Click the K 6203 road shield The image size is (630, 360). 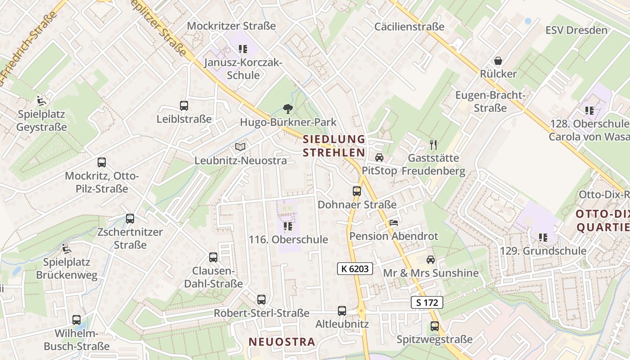point(355,269)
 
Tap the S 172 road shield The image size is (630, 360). point(427,302)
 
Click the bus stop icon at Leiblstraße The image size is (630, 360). point(184,106)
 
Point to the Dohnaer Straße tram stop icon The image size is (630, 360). point(357,191)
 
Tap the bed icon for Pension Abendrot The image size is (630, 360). point(394,223)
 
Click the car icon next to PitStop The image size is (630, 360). point(379,157)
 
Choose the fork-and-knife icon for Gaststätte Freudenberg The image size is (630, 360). point(433,144)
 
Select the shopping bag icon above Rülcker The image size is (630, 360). point(498,60)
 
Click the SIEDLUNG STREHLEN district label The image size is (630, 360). point(334,145)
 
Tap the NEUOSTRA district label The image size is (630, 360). point(282,342)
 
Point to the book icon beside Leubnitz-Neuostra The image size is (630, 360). point(241,147)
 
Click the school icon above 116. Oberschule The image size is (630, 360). point(288,226)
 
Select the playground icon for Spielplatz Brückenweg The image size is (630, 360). point(67,248)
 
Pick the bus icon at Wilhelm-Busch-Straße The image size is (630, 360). point(76,320)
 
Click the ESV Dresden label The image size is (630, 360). point(576,30)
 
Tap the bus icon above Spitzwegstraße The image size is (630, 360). point(435,326)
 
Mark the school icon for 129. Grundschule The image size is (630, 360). point(543,237)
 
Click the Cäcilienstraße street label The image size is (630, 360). point(409,27)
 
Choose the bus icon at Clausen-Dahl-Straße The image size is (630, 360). point(213,257)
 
